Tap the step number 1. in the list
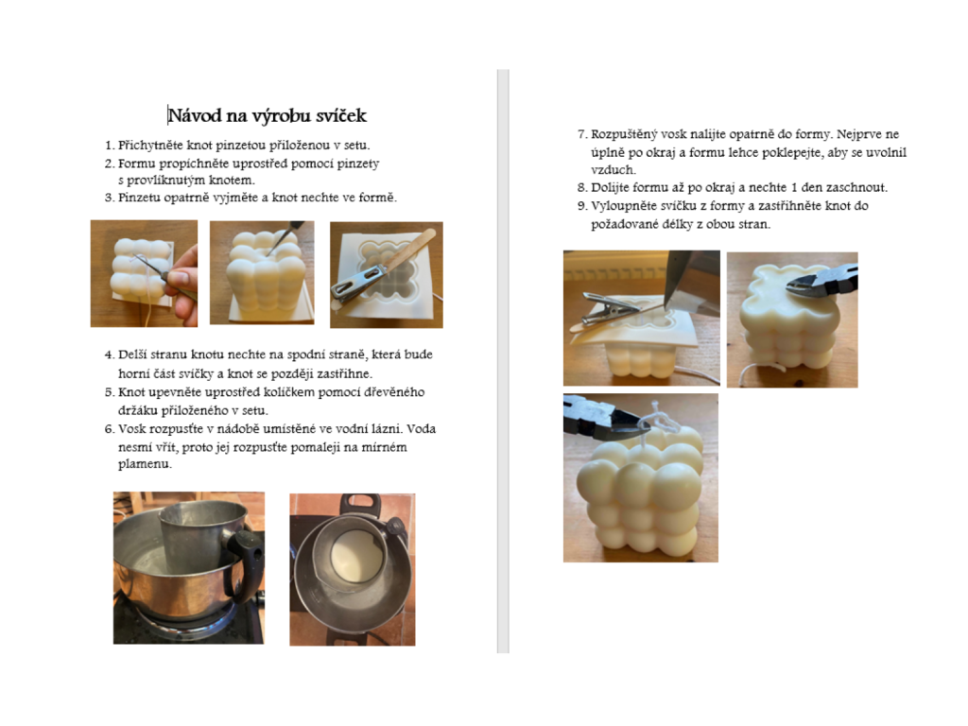point(110,146)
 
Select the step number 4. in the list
point(110,355)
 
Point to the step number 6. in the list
point(110,429)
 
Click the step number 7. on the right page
point(582,134)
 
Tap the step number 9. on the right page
point(582,206)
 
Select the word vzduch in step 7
point(612,170)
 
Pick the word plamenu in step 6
point(144,464)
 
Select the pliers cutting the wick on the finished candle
point(602,415)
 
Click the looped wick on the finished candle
point(656,423)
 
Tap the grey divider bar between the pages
point(503,361)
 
